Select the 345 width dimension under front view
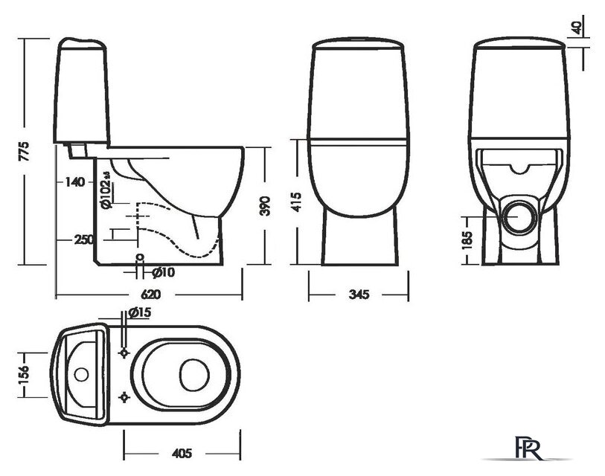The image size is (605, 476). click(359, 295)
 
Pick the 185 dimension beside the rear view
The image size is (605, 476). click(467, 239)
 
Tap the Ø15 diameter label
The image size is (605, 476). click(140, 313)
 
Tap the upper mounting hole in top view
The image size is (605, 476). click(125, 350)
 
